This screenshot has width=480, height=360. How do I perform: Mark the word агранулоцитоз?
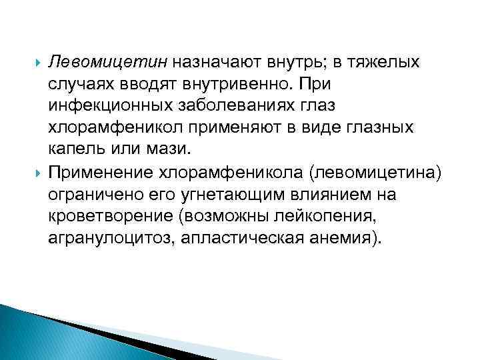(x=107, y=239)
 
